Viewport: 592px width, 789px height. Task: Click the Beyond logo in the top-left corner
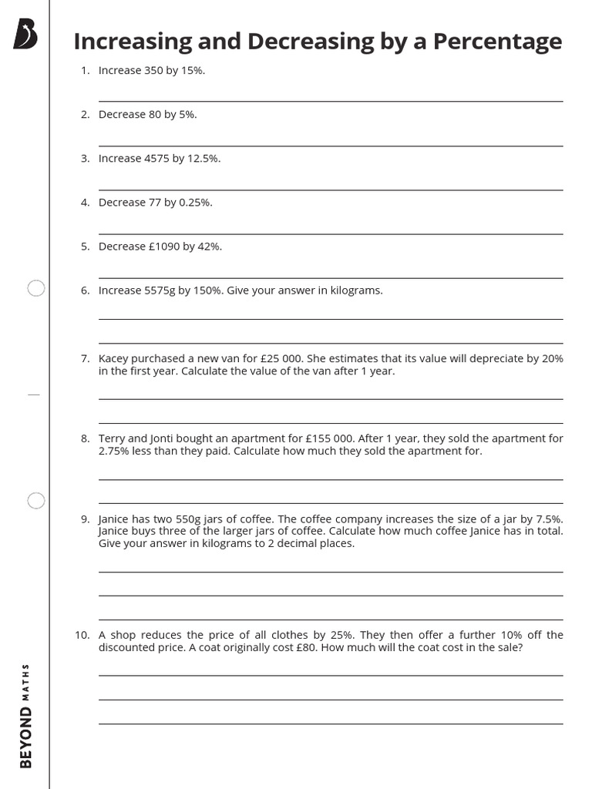point(25,34)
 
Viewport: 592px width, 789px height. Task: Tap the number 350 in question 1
point(153,71)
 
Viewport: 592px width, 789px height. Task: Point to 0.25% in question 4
point(195,203)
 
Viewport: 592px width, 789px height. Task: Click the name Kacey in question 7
point(113,359)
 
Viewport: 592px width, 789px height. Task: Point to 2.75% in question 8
point(115,452)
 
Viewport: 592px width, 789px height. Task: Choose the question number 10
point(83,636)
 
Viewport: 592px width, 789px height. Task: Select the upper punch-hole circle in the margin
point(36,289)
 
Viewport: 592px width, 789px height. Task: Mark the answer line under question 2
point(331,145)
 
